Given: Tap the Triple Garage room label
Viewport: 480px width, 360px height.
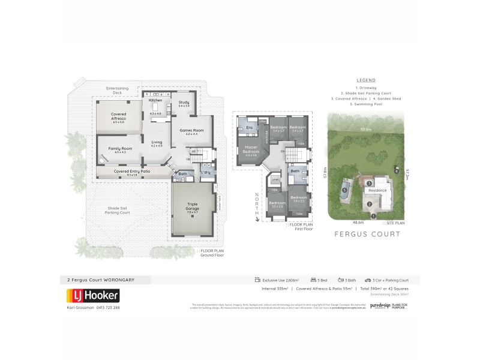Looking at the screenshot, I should click(x=192, y=206).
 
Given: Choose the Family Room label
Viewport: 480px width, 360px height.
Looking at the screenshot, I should click(x=120, y=149).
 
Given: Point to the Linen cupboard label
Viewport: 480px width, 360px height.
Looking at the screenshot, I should click(x=275, y=179).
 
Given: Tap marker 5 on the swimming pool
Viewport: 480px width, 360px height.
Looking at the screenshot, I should click(x=344, y=191).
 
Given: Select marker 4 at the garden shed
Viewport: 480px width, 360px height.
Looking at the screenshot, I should click(x=397, y=170).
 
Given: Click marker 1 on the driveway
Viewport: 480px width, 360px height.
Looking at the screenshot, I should click(x=373, y=216).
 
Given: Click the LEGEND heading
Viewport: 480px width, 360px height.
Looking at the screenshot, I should click(x=365, y=80).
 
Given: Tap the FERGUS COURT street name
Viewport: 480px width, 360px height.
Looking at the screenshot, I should click(x=366, y=234).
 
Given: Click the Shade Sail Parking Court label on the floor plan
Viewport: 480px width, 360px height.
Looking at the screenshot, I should click(x=118, y=210).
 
